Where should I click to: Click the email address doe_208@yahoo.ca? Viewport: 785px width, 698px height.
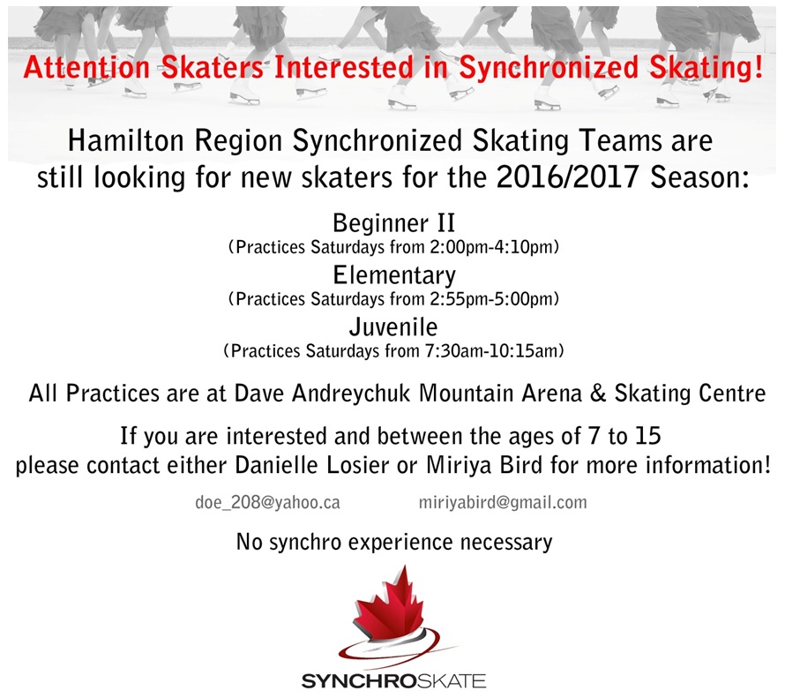tap(267, 503)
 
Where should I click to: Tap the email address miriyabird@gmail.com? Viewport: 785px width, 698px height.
tap(503, 503)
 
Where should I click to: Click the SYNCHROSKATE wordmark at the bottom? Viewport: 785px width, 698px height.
tap(393, 681)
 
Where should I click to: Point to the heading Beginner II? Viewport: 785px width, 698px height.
tap(394, 223)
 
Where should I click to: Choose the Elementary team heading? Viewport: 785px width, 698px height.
tap(394, 276)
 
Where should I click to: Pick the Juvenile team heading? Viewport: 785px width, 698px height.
tap(393, 327)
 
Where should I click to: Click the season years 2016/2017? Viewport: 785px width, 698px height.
tap(567, 176)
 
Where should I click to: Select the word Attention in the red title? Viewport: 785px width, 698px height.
tap(87, 68)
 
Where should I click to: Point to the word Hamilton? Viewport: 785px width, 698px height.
tap(126, 140)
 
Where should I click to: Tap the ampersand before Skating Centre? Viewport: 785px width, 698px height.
tap(598, 394)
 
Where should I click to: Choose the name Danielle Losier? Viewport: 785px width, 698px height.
tap(312, 465)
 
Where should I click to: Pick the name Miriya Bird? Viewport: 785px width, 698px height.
tap(484, 465)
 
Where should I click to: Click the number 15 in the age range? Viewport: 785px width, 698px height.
tap(647, 436)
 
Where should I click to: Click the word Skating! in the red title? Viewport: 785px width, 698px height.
tap(706, 68)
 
